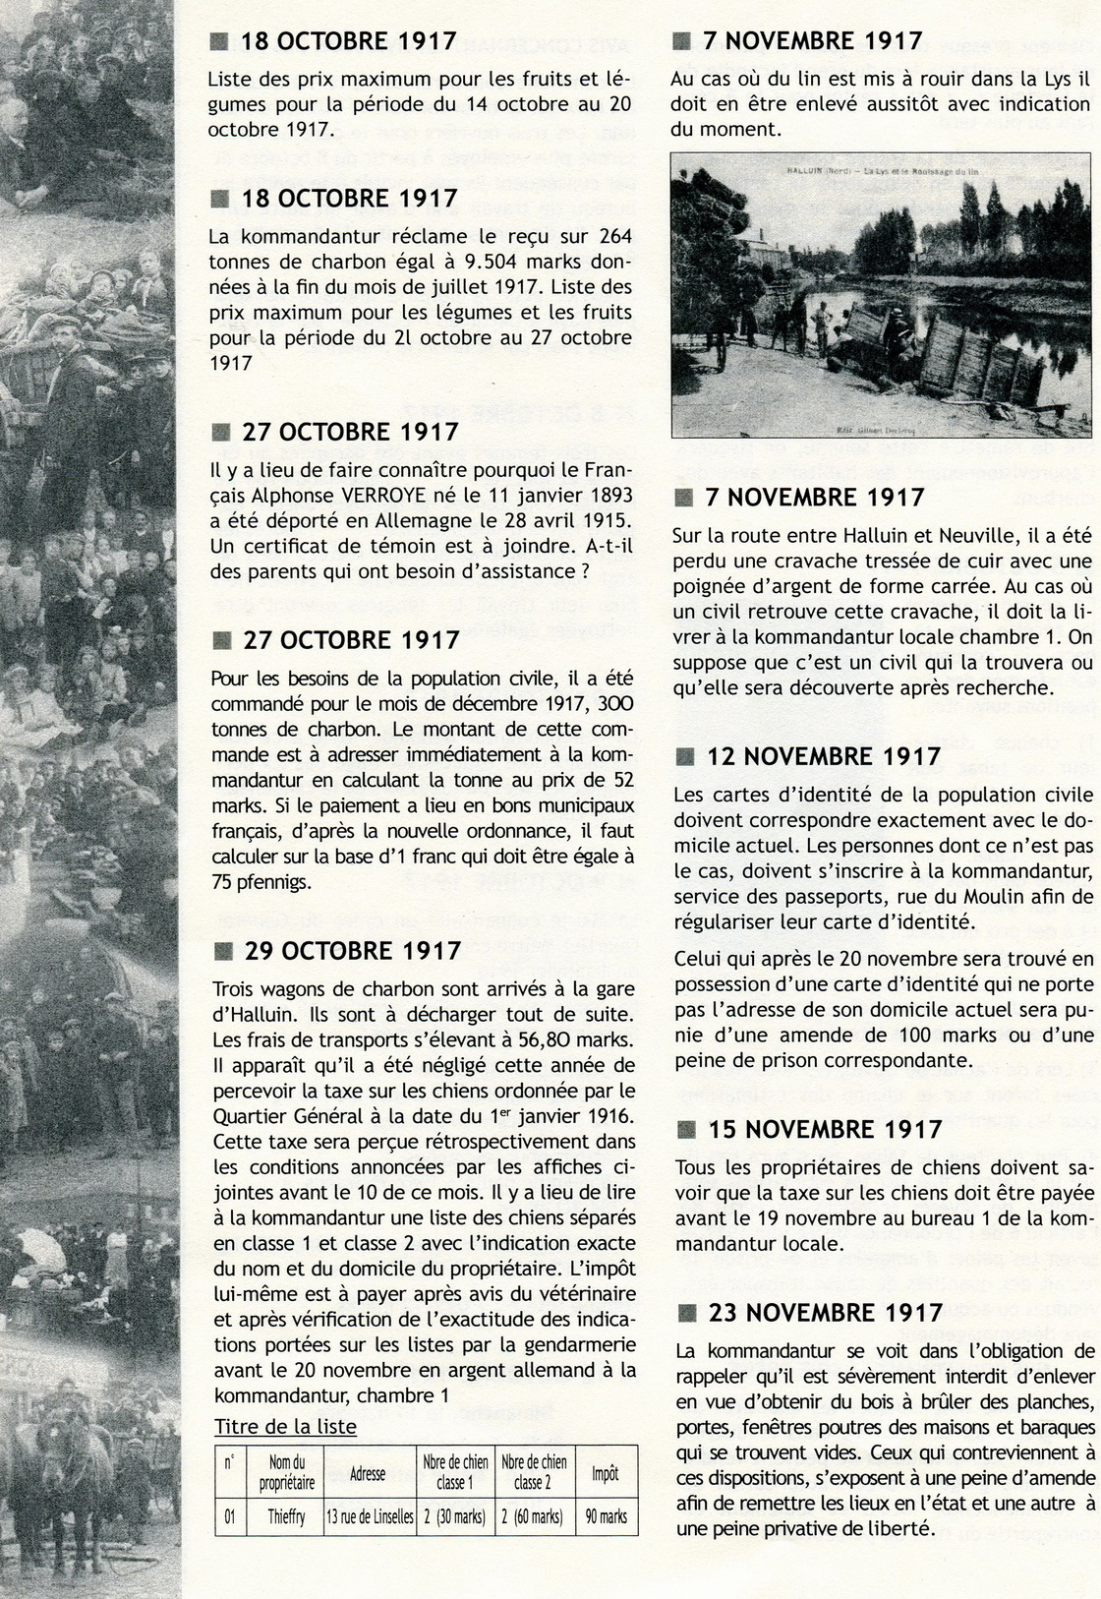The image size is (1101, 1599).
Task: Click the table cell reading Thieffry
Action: click(x=287, y=1516)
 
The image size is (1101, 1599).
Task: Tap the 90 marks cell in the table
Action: click(x=606, y=1516)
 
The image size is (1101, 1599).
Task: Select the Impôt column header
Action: click(x=606, y=1473)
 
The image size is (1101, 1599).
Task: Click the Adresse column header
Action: click(x=368, y=1474)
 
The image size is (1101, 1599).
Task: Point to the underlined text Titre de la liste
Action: click(x=285, y=1426)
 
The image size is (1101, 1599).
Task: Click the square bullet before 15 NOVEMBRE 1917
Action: click(x=686, y=1130)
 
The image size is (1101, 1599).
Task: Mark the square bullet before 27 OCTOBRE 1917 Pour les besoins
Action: click(x=222, y=640)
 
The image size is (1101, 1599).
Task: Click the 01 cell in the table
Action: click(x=229, y=1516)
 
